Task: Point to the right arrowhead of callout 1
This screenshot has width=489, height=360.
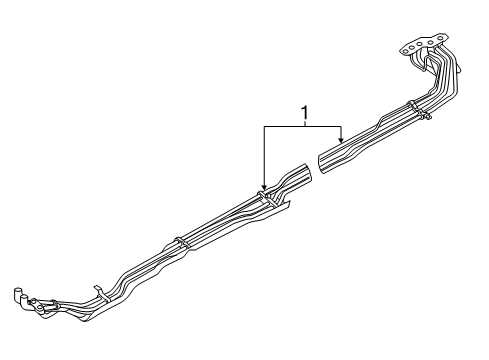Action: pos(341,141)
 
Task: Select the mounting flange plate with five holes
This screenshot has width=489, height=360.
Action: pos(419,49)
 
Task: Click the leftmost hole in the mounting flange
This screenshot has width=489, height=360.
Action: pos(405,45)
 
